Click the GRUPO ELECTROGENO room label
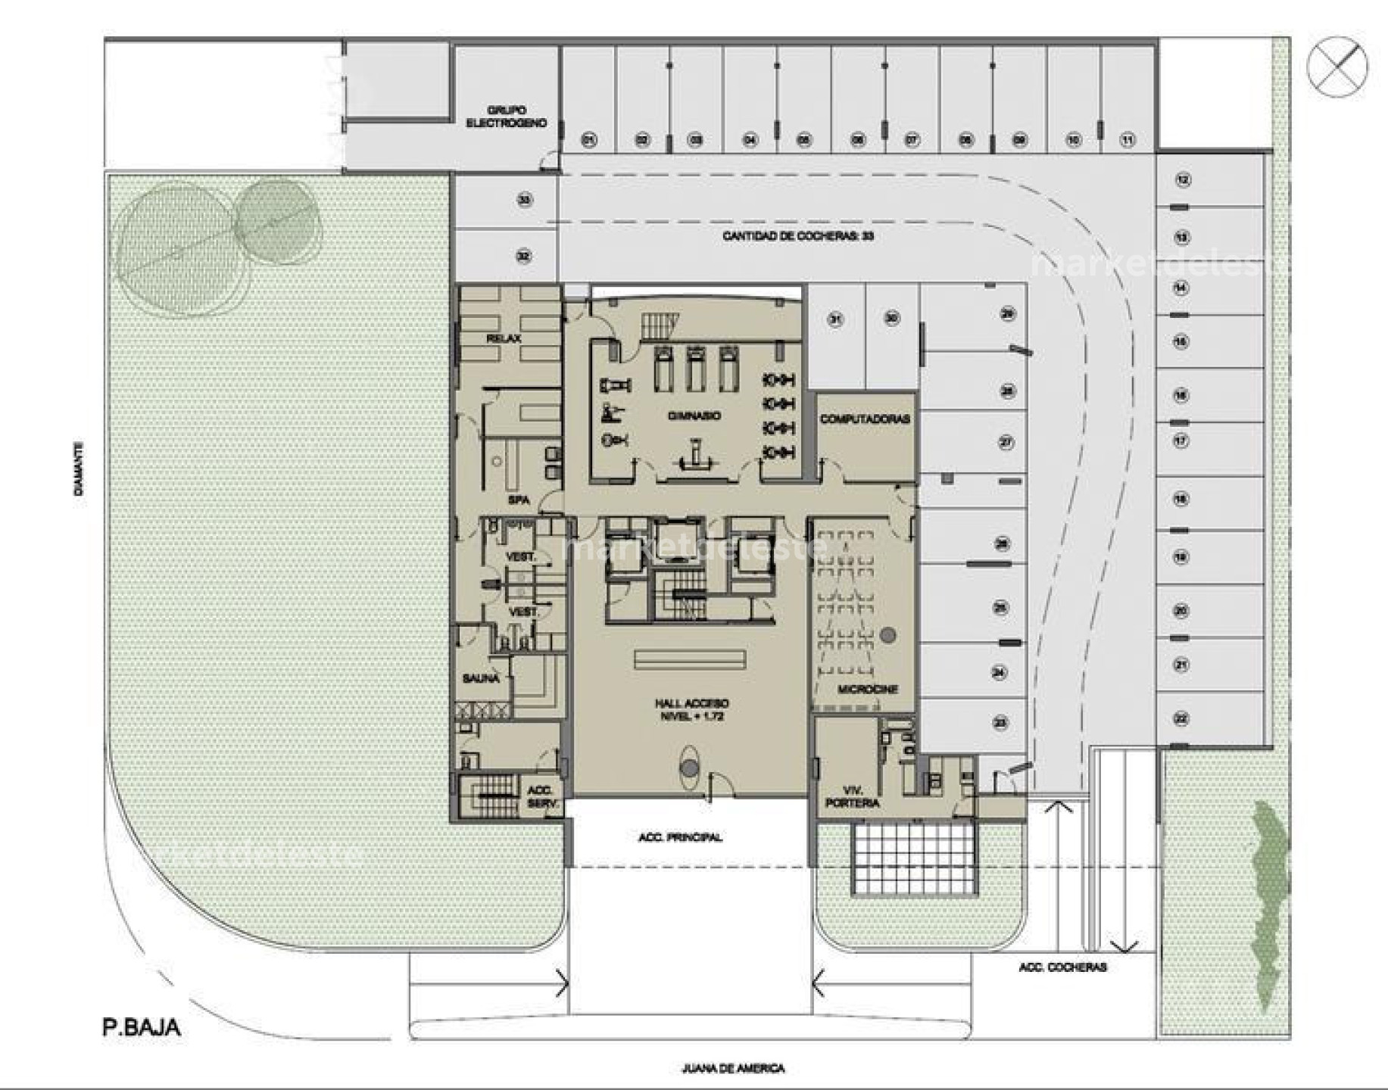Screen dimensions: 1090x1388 click(x=506, y=116)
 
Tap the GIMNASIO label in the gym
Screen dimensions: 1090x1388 click(x=694, y=416)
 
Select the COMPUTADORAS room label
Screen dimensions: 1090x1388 click(x=865, y=419)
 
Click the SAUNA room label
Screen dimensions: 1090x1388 click(x=481, y=678)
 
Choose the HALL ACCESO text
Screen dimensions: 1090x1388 click(x=691, y=704)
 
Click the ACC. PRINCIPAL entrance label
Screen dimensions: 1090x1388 click(x=680, y=837)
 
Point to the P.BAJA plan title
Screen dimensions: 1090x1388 click(x=142, y=1027)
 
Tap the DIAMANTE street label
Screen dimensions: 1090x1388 click(x=79, y=469)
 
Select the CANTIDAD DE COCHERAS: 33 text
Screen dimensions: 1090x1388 click(x=798, y=235)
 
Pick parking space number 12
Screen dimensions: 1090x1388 click(x=1182, y=179)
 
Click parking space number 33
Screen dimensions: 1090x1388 click(x=524, y=200)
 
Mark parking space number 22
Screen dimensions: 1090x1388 click(x=1181, y=718)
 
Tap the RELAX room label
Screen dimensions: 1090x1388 click(x=504, y=338)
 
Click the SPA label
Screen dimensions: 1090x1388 click(x=518, y=500)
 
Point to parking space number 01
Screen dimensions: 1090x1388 click(x=588, y=139)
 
